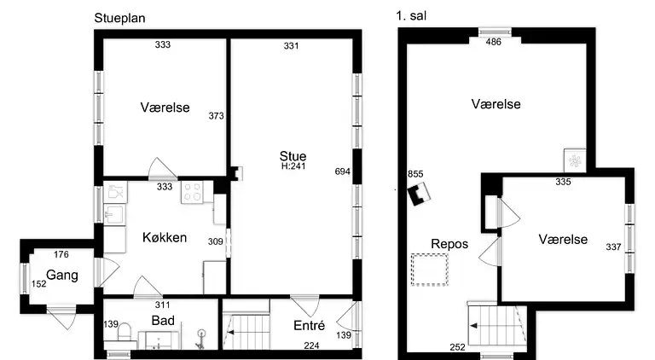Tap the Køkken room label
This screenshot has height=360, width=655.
[165, 238]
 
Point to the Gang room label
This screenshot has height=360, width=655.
[61, 275]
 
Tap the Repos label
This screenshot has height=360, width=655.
[449, 243]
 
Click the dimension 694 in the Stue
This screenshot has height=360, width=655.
[343, 171]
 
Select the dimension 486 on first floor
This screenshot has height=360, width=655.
[494, 41]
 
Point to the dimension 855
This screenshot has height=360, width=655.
[415, 174]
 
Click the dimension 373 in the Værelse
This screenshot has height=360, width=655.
[216, 116]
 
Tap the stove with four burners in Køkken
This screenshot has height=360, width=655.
[191, 192]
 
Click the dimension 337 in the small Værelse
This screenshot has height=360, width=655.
[613, 248]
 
